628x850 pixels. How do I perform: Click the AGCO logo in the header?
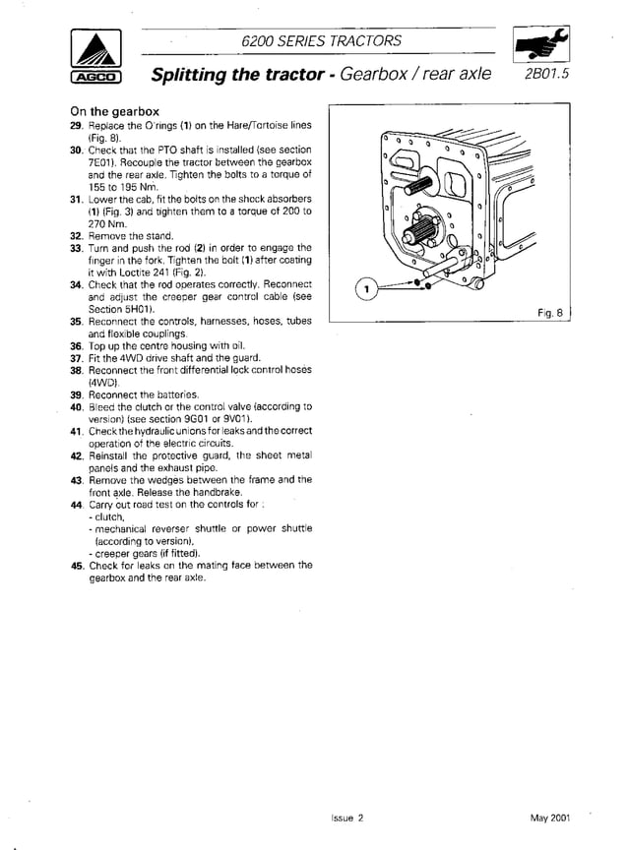[x=95, y=57]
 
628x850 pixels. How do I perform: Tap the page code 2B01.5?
[x=545, y=75]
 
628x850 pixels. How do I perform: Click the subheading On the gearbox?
[x=114, y=112]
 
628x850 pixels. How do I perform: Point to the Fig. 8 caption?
[x=550, y=313]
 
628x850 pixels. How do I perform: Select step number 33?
[x=76, y=248]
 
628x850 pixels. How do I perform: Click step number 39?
[x=76, y=394]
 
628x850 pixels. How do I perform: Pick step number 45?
[x=76, y=566]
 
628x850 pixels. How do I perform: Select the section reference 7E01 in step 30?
[x=104, y=162]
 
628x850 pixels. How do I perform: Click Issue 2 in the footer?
[x=347, y=818]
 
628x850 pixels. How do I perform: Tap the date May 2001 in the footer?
[x=549, y=818]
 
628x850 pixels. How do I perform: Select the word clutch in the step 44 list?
[x=109, y=516]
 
